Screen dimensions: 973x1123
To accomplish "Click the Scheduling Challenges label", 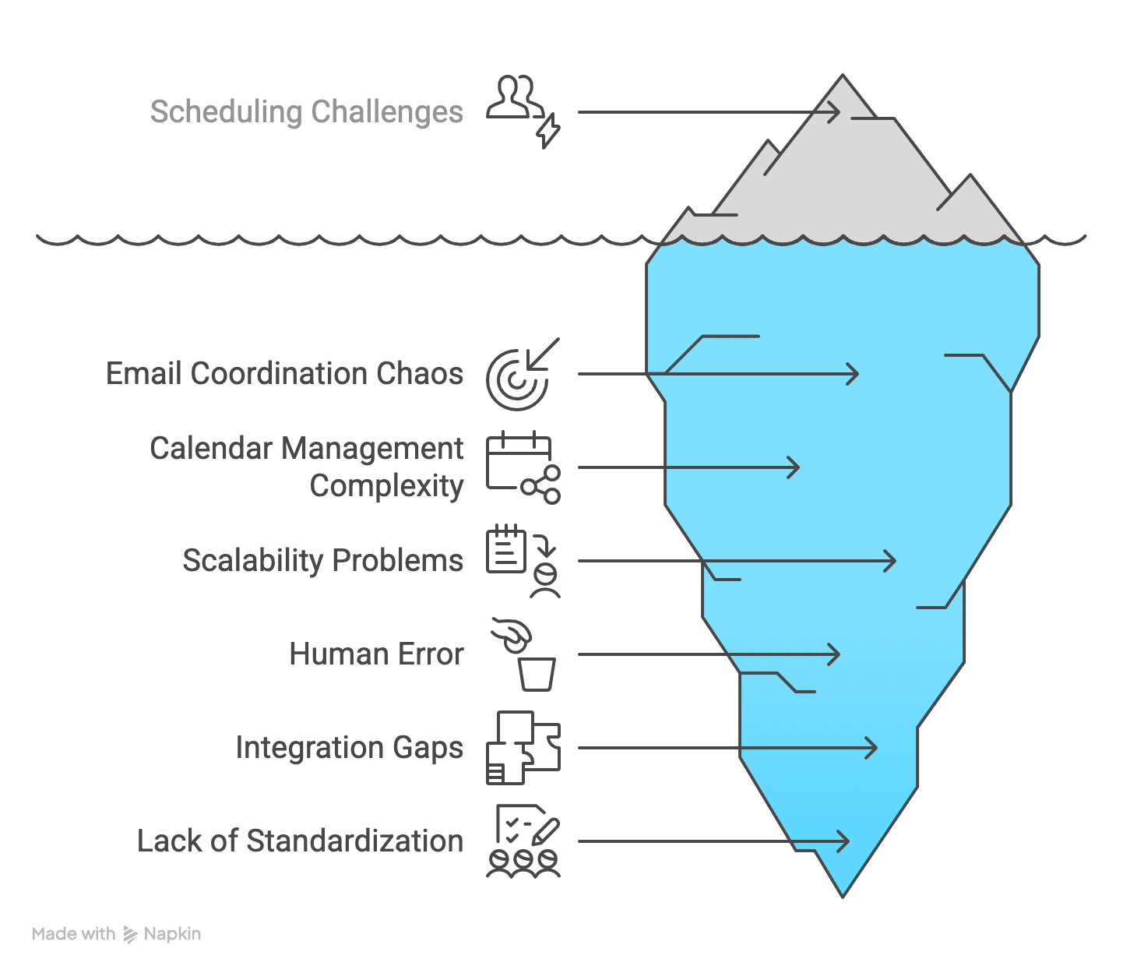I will click(306, 111).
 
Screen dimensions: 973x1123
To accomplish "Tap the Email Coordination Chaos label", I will click(284, 374).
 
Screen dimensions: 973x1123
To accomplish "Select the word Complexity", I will click(386, 486).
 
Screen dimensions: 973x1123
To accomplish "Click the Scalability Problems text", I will click(322, 561).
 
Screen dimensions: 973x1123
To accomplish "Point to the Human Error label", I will click(376, 654).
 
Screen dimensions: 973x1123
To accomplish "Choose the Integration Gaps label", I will click(349, 748).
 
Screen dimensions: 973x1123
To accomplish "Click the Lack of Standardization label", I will click(300, 841).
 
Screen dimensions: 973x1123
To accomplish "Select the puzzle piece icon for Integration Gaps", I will click(523, 747).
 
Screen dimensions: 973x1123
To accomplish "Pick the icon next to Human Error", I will click(524, 654).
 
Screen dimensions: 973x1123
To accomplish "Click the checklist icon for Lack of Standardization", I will click(523, 841).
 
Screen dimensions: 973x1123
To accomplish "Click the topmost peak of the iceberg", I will click(843, 77).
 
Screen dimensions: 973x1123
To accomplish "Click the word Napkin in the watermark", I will click(172, 934).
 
